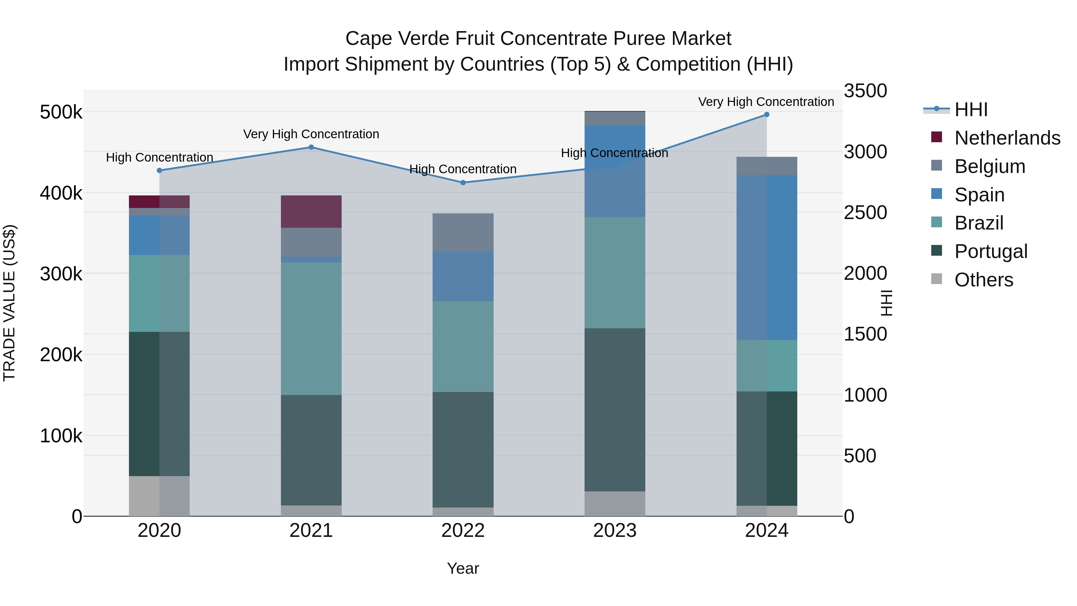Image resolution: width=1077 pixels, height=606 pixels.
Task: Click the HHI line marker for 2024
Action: click(766, 115)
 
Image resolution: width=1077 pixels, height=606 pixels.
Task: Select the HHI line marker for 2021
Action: click(311, 147)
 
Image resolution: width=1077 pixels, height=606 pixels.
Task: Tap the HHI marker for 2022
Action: click(463, 183)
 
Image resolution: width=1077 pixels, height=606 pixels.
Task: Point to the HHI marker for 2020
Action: click(159, 171)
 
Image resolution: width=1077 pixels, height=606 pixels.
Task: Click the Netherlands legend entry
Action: click(1007, 138)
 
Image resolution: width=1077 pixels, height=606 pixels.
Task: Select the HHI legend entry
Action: click(971, 110)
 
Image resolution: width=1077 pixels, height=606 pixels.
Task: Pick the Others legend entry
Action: click(983, 280)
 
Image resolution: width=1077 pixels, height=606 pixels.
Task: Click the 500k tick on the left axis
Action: click(61, 112)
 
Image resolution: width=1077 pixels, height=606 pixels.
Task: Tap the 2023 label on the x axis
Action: click(614, 531)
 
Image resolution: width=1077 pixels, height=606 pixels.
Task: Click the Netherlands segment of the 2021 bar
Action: click(311, 212)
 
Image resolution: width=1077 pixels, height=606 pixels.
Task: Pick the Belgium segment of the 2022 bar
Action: click(463, 233)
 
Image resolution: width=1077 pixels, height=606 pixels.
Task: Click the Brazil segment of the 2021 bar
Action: click(311, 329)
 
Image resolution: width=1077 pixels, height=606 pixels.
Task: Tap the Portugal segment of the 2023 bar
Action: click(614, 410)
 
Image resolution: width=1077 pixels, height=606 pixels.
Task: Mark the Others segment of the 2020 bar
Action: click(159, 496)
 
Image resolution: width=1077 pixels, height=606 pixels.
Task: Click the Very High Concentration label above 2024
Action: click(766, 102)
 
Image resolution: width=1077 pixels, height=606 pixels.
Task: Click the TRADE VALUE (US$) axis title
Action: click(9, 303)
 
